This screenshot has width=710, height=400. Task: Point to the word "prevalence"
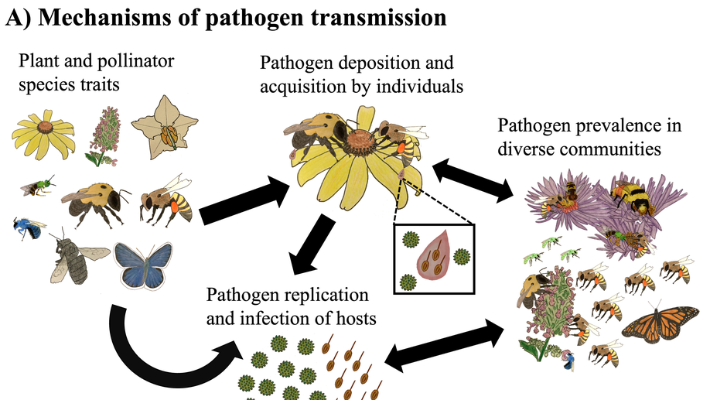(x=599, y=126)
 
